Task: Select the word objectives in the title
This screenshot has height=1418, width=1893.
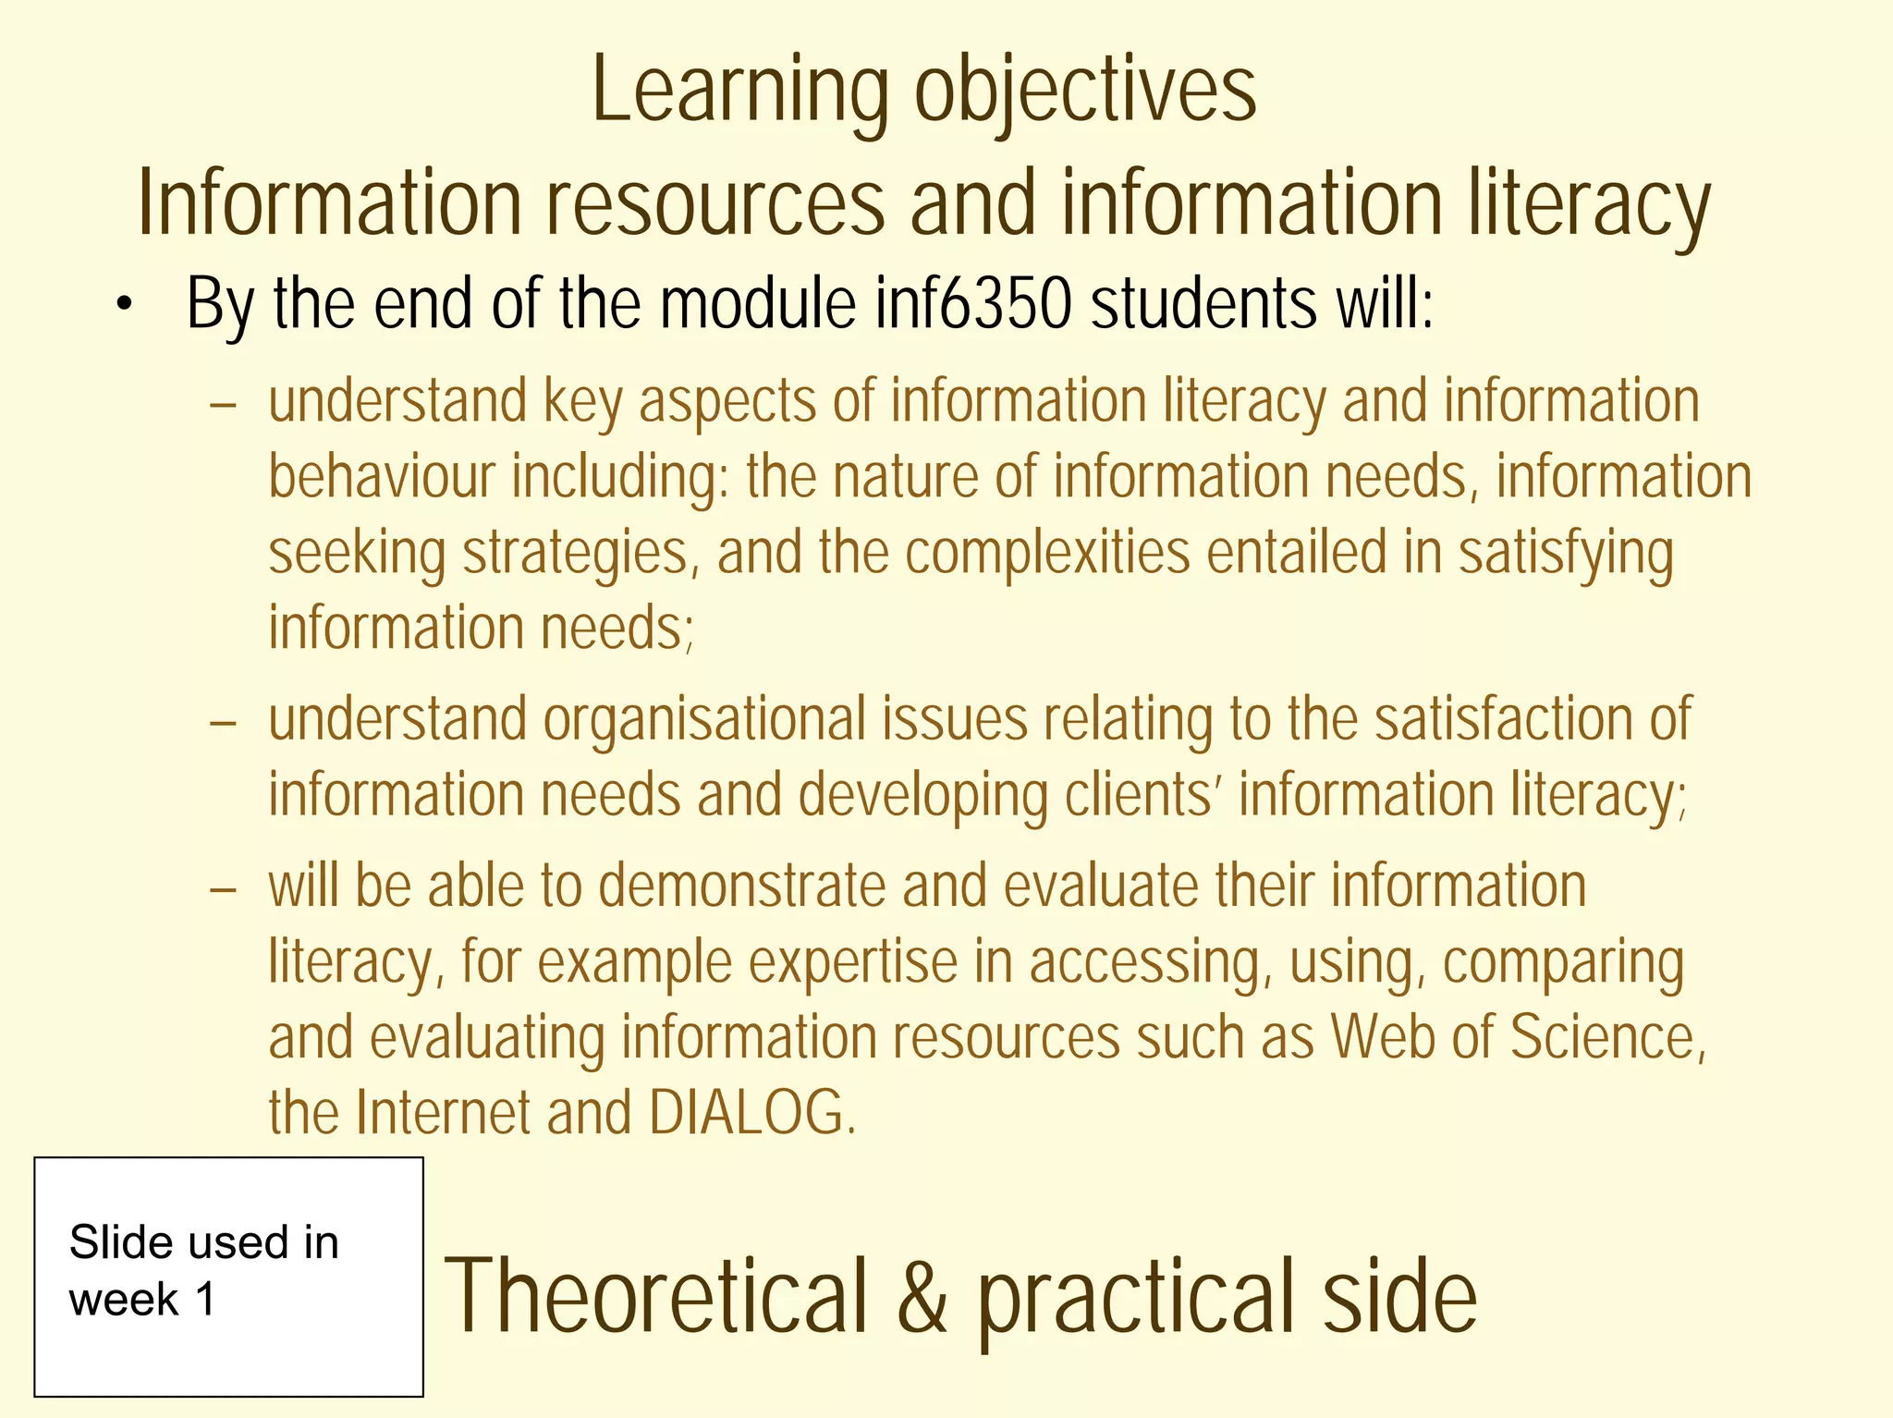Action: [x=1085, y=91]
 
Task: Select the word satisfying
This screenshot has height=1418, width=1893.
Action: [x=1566, y=553]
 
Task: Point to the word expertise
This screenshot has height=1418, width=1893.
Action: [x=852, y=961]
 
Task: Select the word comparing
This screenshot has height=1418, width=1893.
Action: [x=1563, y=961]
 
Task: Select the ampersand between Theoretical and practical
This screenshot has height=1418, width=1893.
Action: [x=923, y=1296]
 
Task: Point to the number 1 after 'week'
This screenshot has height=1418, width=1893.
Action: [x=205, y=1300]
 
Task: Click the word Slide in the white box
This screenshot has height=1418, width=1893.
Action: [x=120, y=1242]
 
